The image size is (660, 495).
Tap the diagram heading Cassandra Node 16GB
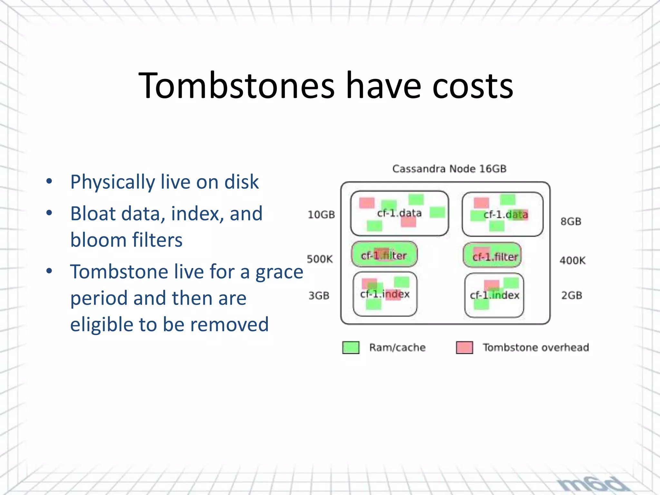pyautogui.click(x=449, y=169)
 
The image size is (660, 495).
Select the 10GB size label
pyautogui.click(x=321, y=215)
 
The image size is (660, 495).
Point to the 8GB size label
pyautogui.click(x=571, y=222)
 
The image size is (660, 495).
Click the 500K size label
pyautogui.click(x=320, y=259)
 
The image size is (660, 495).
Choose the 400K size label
pyautogui.click(x=572, y=260)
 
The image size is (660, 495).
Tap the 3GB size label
pyautogui.click(x=319, y=296)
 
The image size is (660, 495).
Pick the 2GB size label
pyautogui.click(x=572, y=295)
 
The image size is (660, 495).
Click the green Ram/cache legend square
pyautogui.click(x=351, y=347)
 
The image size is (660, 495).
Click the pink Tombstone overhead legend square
pyautogui.click(x=464, y=347)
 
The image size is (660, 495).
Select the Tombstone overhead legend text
pyautogui.click(x=536, y=347)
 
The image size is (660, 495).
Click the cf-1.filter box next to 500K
pyautogui.click(x=384, y=255)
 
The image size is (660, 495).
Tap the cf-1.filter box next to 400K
pyautogui.click(x=492, y=256)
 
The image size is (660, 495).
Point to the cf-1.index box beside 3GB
pyautogui.click(x=385, y=294)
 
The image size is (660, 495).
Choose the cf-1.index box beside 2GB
pyautogui.click(x=494, y=295)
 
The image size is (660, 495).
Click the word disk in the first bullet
pyautogui.click(x=242, y=182)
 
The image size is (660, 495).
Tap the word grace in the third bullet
pyautogui.click(x=279, y=272)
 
